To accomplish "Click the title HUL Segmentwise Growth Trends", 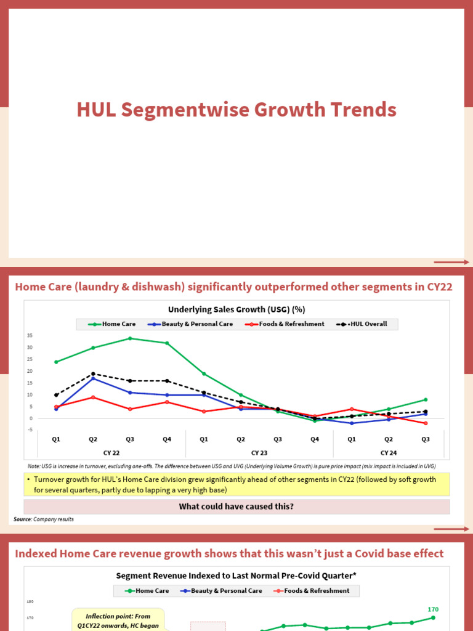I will (236, 110).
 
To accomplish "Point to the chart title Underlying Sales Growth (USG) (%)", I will (236, 309).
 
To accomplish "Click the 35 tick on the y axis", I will (29, 335).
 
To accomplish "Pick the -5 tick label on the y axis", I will (29, 430).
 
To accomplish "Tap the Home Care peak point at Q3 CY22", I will (130, 338).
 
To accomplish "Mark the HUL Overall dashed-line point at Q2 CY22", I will (93, 373).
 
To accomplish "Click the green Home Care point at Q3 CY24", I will (426, 399).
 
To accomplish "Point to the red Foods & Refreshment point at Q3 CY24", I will (426, 423).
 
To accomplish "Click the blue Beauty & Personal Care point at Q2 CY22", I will (93, 378).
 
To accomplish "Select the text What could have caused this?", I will (236, 507).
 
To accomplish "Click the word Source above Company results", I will (22, 519).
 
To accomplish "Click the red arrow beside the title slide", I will (451, 263).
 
